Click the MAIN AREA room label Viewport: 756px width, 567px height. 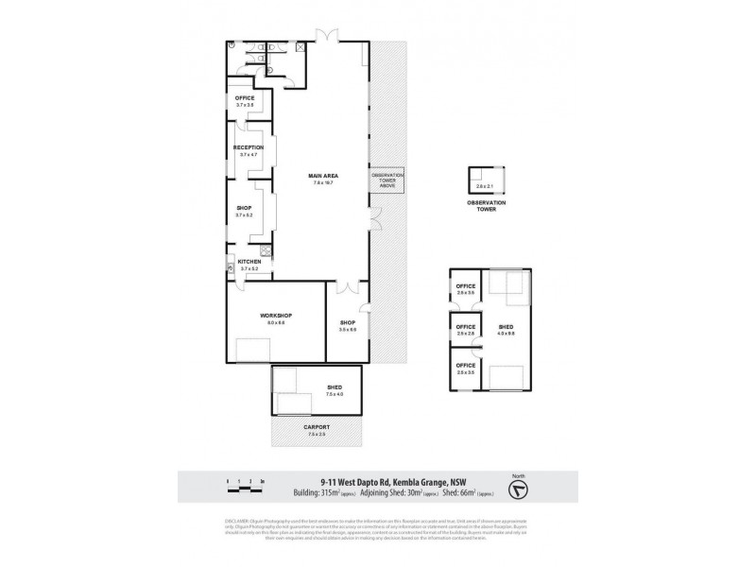323,176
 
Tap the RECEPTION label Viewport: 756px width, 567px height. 248,147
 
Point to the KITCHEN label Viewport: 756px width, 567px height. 249,262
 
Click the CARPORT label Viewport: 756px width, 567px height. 317,426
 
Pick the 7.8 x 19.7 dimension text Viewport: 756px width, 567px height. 323,183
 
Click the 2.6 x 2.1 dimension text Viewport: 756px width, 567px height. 485,187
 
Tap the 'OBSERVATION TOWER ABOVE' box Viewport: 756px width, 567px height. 387,180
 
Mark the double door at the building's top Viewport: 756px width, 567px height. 326,38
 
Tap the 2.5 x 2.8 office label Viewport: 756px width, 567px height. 465,333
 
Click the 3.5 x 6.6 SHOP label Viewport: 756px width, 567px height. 347,326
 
